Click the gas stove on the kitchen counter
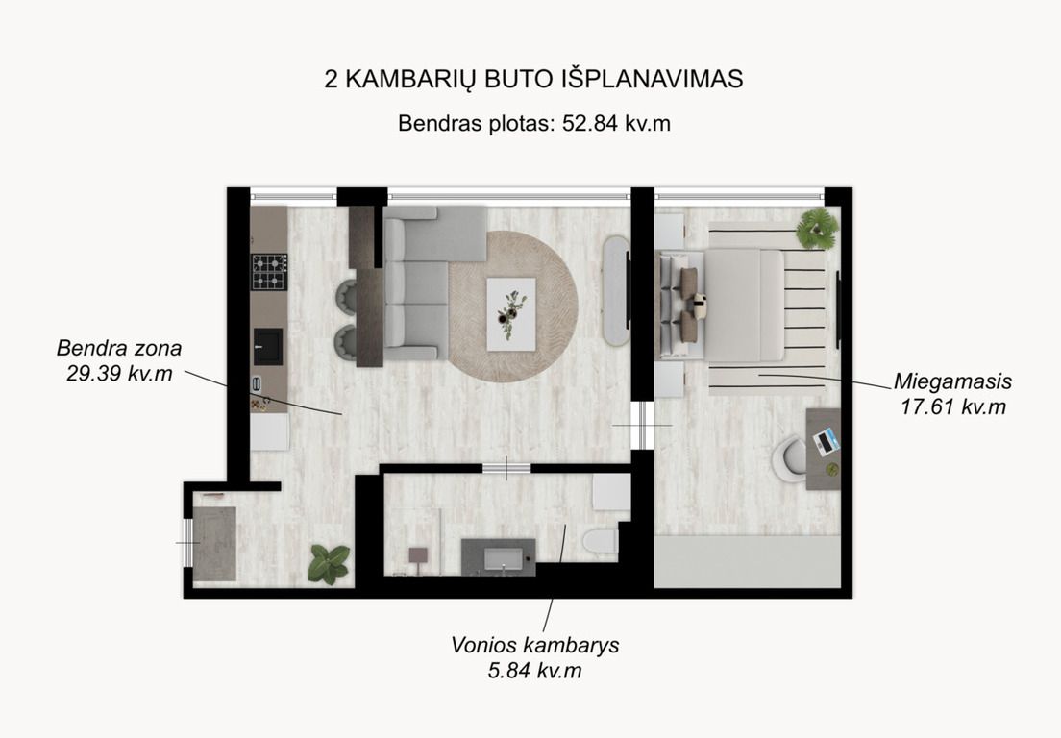[269, 272]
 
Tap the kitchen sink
[268, 346]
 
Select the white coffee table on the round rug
[511, 314]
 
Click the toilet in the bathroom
[601, 541]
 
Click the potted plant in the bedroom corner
[818, 228]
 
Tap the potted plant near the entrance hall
[329, 564]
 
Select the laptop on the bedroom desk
[827, 442]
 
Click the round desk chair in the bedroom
[789, 458]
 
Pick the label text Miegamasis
[952, 381]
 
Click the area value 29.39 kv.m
[119, 374]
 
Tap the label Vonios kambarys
[534, 645]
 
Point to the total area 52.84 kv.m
[616, 124]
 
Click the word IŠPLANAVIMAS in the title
[653, 79]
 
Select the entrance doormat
[214, 544]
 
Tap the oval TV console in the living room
[616, 291]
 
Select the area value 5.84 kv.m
[534, 671]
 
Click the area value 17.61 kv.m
[952, 407]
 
